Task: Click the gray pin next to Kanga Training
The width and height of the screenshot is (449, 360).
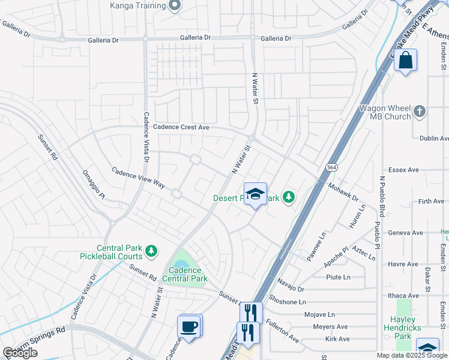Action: tap(175, 5)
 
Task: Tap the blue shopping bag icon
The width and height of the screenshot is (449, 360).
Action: tap(406, 61)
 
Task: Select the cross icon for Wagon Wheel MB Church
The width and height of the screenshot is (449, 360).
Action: tap(419, 112)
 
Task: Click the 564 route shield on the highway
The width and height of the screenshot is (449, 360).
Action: tap(331, 167)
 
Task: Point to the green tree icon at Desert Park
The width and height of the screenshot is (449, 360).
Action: tap(289, 197)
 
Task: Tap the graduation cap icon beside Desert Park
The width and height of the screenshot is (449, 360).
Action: tap(255, 194)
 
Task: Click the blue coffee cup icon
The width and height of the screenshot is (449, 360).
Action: tap(190, 326)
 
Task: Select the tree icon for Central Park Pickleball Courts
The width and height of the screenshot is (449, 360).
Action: tap(153, 250)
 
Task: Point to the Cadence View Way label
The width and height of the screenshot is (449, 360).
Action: tap(138, 178)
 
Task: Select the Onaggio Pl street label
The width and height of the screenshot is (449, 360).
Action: tap(94, 185)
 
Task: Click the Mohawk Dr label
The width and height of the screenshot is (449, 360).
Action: tap(343, 191)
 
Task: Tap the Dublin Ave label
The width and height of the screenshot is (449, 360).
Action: tap(434, 138)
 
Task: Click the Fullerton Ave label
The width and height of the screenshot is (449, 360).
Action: tap(283, 330)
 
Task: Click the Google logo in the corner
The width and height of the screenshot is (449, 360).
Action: tap(20, 353)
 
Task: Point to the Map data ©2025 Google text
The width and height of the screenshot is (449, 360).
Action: tap(411, 355)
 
